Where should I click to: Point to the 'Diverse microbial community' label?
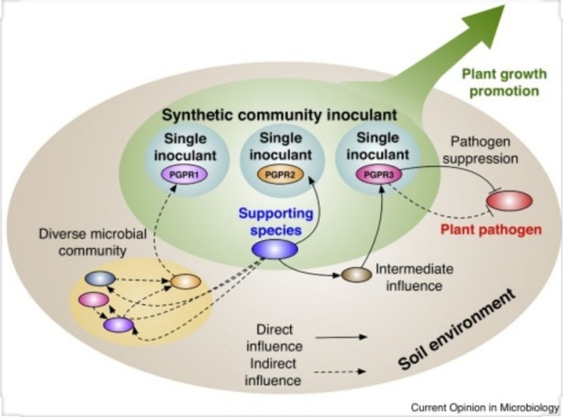point(88,240)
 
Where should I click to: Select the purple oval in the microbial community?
point(118,325)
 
